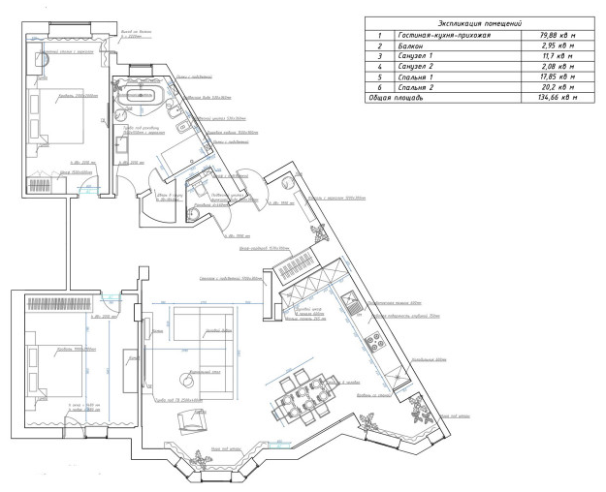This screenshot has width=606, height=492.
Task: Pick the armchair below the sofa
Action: (x=188, y=420)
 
